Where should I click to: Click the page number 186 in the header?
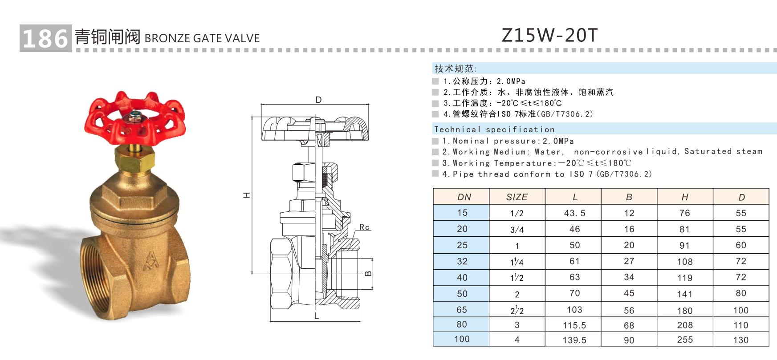45,38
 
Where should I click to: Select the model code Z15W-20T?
549,35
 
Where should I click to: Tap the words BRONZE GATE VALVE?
202,38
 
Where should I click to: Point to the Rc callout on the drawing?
365,227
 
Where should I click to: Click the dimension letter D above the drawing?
318,100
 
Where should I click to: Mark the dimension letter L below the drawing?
317,316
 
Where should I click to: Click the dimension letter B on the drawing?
368,273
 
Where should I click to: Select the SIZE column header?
517,197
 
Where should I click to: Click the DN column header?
464,197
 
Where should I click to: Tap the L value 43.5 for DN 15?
574,213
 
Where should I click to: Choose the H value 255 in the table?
685,340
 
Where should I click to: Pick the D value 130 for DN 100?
741,340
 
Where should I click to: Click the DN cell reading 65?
462,310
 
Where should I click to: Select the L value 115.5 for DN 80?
574,325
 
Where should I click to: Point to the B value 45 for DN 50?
629,293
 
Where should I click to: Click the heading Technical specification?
495,129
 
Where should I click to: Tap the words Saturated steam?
723,151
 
